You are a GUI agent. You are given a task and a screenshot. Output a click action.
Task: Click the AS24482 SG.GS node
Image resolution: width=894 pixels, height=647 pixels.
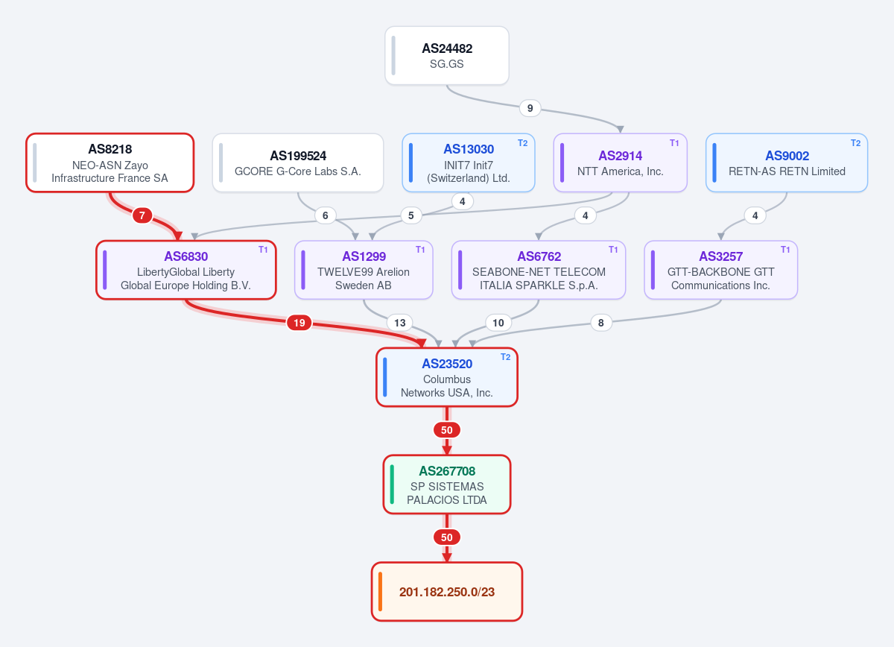coord(447,55)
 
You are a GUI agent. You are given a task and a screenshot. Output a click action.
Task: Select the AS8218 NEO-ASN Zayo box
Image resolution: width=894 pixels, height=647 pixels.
coord(110,163)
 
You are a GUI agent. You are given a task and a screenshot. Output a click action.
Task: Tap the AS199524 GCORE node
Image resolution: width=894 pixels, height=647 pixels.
coord(298,163)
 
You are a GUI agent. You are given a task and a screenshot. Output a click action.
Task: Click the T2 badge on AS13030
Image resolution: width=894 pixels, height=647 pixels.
coord(522,143)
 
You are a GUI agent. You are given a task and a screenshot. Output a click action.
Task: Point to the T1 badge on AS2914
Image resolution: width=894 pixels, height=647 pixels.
coord(674,143)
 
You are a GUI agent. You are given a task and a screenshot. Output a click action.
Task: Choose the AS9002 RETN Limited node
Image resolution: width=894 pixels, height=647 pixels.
coord(787,163)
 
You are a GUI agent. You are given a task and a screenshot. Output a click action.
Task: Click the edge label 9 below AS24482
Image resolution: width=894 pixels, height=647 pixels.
coord(530,108)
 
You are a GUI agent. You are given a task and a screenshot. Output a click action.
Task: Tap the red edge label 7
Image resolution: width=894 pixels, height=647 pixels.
coord(142,215)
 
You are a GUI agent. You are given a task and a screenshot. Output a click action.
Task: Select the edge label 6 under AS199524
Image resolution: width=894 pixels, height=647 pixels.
coord(326,215)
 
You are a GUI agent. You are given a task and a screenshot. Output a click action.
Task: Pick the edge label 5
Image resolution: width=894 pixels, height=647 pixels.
coord(411,215)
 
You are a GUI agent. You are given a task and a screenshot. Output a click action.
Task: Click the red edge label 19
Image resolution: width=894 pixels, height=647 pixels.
coord(299,323)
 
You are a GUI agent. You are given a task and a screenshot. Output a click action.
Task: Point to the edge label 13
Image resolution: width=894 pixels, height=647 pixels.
coord(400,323)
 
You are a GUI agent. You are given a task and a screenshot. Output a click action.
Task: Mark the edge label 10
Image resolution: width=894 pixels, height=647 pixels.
coord(498,323)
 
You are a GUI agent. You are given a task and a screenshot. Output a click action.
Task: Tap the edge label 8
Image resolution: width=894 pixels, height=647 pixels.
coord(601,323)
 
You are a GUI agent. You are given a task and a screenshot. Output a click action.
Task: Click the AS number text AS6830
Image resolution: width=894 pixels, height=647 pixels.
coord(186,256)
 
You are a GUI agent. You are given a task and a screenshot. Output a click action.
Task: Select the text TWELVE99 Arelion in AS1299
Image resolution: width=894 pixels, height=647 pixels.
coord(364,272)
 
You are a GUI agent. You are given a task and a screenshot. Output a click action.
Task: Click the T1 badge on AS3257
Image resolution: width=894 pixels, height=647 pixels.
coord(785,250)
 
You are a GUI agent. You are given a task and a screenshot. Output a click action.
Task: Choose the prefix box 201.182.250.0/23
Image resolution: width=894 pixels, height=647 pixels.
coord(447,592)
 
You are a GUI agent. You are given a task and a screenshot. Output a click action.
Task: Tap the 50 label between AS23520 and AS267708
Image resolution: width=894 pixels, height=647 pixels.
coord(447,430)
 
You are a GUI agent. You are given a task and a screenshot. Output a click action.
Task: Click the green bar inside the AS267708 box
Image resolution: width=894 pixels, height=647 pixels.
coord(392,485)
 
